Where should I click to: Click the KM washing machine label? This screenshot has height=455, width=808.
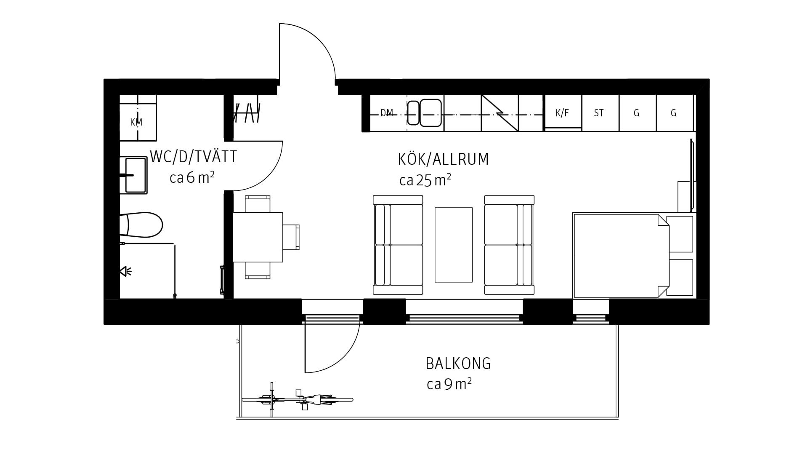pos(136,122)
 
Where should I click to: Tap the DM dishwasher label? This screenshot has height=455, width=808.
pos(387,113)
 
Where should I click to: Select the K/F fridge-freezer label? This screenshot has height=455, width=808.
pos(562,113)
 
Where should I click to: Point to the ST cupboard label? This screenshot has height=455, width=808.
pos(599,113)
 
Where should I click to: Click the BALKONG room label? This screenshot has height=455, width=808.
pos(458,364)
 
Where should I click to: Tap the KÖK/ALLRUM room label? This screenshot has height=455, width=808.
pos(444,159)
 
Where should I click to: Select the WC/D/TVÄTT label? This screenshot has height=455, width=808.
pos(194,157)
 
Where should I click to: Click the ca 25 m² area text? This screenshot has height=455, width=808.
pos(425,180)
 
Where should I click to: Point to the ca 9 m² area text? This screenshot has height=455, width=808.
pos(449,384)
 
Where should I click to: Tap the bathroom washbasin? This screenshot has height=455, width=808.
pos(133,175)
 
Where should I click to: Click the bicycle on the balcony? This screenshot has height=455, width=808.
pos(297,399)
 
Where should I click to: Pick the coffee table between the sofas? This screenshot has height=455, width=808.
pos(454,245)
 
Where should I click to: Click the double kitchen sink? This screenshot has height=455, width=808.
pos(424,113)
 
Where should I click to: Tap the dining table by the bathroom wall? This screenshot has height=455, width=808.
pos(258,237)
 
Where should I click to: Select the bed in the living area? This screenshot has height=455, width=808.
pos(621,255)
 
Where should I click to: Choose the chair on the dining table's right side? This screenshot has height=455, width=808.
pos(291,237)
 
